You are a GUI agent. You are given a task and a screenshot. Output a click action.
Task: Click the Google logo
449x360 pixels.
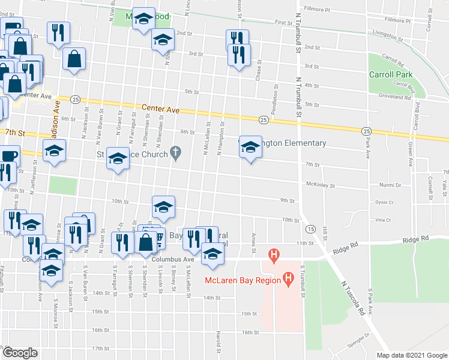(x=20, y=353)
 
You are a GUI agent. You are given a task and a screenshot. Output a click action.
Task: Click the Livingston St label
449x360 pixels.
(x=384, y=35)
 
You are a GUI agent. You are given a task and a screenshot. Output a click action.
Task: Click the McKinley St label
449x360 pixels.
(x=320, y=185)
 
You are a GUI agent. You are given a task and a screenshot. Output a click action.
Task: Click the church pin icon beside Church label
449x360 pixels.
(x=175, y=154)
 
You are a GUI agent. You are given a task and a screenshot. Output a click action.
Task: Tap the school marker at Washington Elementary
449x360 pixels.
(x=250, y=146)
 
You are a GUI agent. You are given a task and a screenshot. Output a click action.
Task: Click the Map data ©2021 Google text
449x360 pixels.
(x=411, y=355)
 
